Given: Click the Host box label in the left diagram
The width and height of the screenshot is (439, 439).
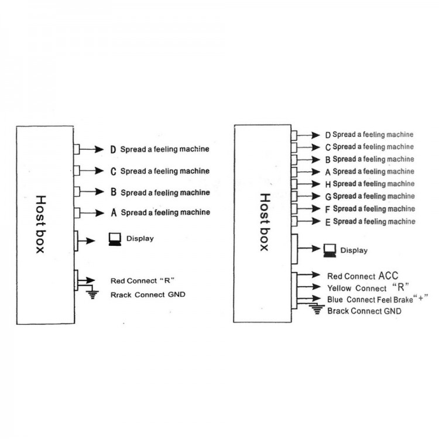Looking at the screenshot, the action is (x=40, y=224).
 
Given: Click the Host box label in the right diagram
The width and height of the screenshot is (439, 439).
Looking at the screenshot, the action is (x=265, y=222).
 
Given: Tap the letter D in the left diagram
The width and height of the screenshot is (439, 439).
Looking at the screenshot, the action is (x=113, y=149).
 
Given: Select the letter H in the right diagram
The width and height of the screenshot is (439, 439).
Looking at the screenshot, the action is (x=328, y=184).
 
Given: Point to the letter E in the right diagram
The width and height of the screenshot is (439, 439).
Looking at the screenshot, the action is (x=328, y=222).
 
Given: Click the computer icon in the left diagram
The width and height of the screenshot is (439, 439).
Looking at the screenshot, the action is (x=115, y=239).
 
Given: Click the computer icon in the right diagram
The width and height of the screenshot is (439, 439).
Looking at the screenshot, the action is (x=330, y=251).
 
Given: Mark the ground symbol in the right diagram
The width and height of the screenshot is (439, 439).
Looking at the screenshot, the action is (x=317, y=310).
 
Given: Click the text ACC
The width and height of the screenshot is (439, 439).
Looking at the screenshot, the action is (x=388, y=276).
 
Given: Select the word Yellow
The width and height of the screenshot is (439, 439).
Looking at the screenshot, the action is (x=339, y=288).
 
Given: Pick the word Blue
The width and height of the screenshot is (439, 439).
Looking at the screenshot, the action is (x=335, y=300).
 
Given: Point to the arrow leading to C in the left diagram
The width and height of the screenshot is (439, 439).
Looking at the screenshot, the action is (x=91, y=170).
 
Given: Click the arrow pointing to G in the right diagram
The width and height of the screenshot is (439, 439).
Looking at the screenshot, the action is (x=308, y=196).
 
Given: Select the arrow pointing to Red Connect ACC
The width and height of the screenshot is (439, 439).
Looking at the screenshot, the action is (x=308, y=275).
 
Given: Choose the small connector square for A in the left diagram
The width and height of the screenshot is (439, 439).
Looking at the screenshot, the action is (x=77, y=213).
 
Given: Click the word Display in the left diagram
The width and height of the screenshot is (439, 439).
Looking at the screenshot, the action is (x=140, y=239).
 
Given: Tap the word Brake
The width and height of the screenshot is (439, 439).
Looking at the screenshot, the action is (x=403, y=300).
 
